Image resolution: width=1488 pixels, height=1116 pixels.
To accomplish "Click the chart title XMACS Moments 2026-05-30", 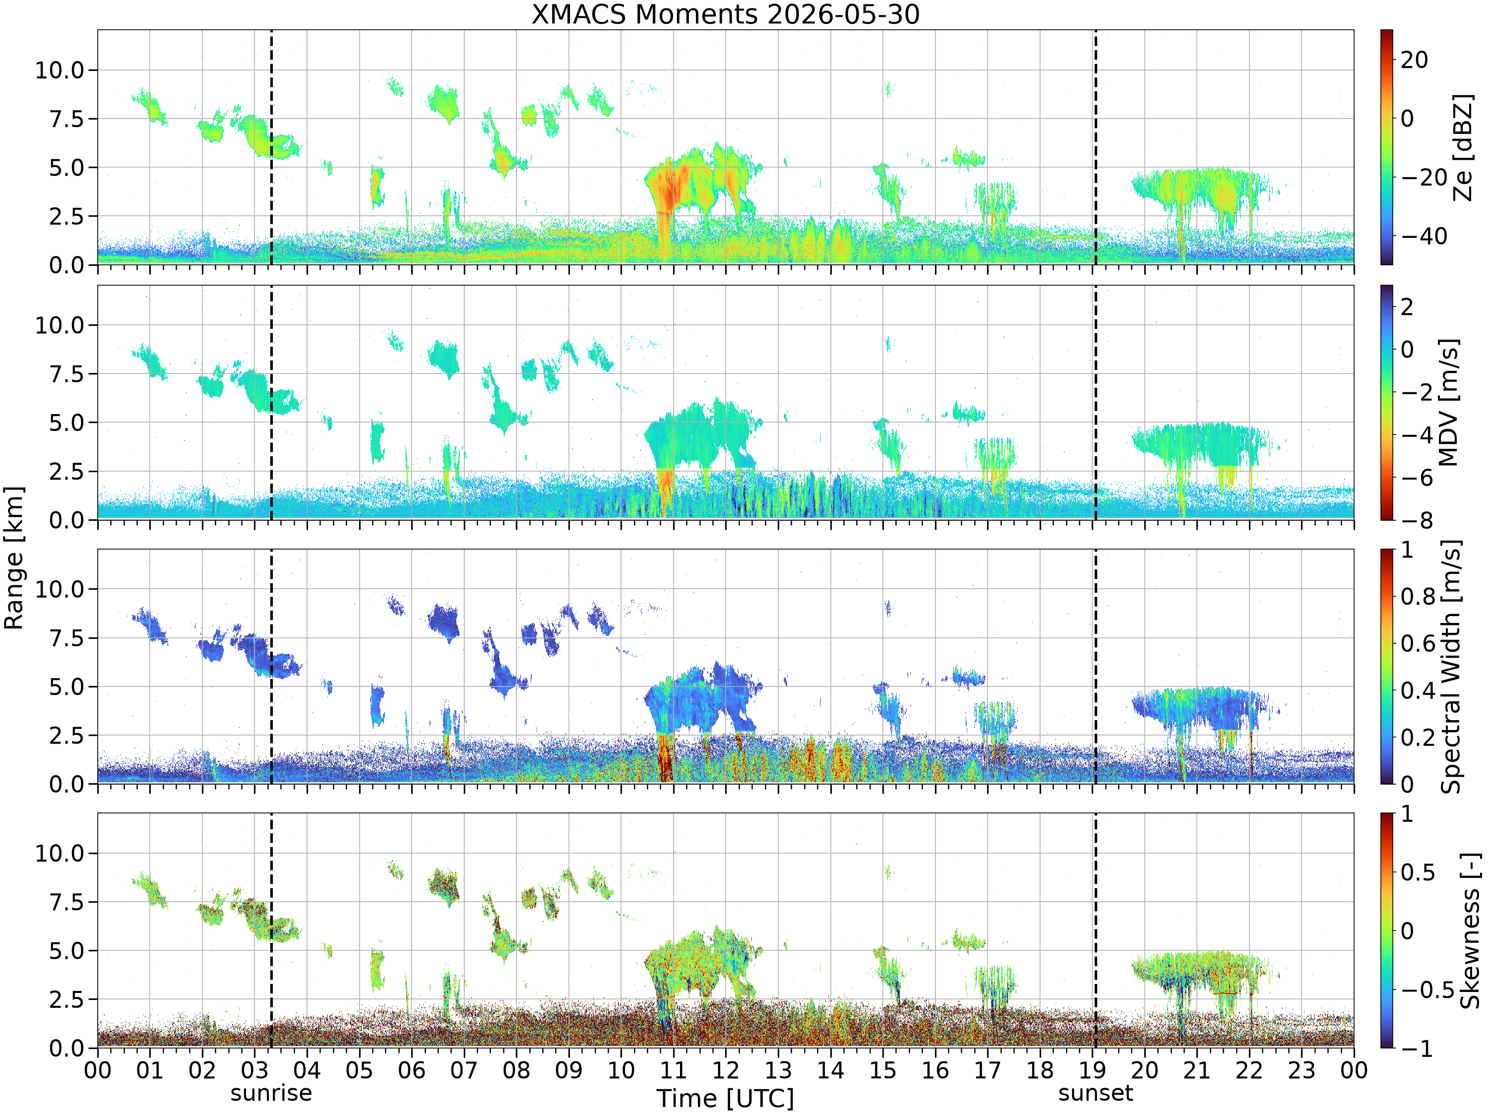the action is pyautogui.click(x=725, y=14).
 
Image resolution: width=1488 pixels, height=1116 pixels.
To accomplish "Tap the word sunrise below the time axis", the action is pyautogui.click(x=271, y=1093).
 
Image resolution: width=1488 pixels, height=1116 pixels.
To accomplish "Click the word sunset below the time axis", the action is pyautogui.click(x=1095, y=1093).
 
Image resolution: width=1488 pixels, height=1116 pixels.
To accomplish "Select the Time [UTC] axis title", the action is pyautogui.click(x=725, y=1099).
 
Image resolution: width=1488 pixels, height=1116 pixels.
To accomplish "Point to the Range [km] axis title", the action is pyautogui.click(x=14, y=558).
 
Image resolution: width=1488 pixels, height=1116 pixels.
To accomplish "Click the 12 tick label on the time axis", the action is pyautogui.click(x=725, y=1069).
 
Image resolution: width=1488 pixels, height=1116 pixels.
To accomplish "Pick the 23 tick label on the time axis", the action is pyautogui.click(x=1301, y=1069).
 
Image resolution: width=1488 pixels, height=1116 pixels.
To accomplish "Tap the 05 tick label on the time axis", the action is pyautogui.click(x=359, y=1069).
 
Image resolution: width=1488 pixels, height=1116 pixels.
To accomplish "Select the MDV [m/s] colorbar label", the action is pyautogui.click(x=1448, y=402).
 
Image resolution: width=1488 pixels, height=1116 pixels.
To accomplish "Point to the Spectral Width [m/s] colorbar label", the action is pyautogui.click(x=1451, y=667).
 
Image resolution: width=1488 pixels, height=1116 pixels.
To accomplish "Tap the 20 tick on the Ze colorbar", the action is pyautogui.click(x=1414, y=60).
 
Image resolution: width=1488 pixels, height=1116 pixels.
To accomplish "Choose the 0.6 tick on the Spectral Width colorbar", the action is pyautogui.click(x=1418, y=643).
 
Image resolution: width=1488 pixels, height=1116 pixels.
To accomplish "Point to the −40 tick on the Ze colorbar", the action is pyautogui.click(x=1424, y=236).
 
